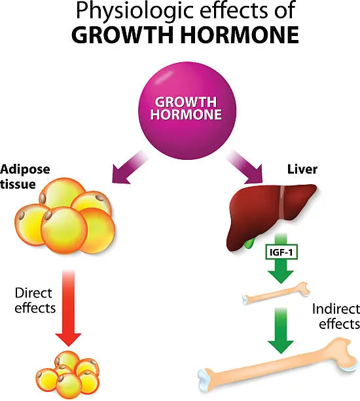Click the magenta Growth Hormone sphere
[187, 111]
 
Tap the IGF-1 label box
[281, 253]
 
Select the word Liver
[302, 169]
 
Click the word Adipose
[25, 170]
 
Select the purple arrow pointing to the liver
[245, 167]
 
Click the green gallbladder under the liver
[249, 242]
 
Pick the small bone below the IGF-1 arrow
[276, 293]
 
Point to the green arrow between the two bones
[281, 330]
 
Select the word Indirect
[336, 309]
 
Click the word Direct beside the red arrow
[33, 293]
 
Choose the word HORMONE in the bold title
[240, 35]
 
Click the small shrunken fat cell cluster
[67, 375]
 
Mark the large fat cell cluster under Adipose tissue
[65, 216]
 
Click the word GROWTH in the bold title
[123, 35]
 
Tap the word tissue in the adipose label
[18, 184]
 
